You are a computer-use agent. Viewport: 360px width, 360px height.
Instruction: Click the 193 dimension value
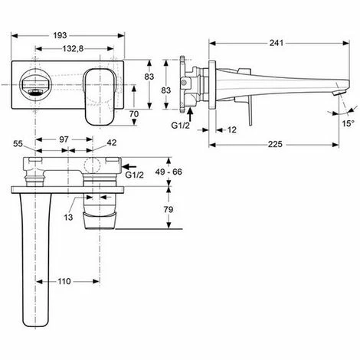[60, 35]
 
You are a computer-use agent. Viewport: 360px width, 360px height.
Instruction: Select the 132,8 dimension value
[73, 48]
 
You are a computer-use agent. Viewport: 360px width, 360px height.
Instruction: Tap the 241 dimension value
[277, 43]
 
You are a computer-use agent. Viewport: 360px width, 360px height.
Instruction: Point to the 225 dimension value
[275, 145]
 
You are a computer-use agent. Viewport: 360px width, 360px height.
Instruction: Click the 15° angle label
[349, 123]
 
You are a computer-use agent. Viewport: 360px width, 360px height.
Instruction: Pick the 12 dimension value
[231, 129]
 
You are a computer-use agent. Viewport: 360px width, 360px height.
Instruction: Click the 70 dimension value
[134, 113]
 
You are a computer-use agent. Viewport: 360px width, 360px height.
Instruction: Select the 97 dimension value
[64, 139]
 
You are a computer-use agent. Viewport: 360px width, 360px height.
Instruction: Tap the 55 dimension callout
[18, 144]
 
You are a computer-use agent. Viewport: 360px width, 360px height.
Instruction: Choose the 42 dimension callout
[112, 142]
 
